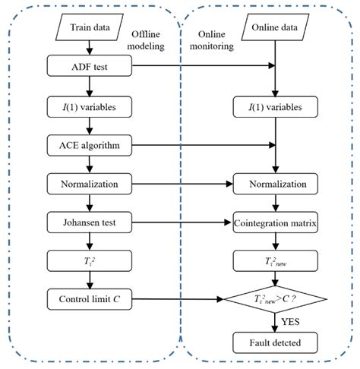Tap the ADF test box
[90, 68]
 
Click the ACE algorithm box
[90, 144]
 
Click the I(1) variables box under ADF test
[90, 106]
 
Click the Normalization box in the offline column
[90, 183]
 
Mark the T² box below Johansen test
[90, 260]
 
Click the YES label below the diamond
[289, 321]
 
